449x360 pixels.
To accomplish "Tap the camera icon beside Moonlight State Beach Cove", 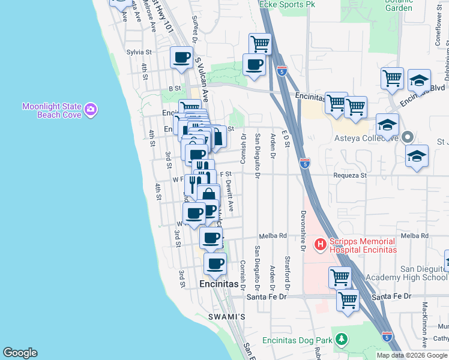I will [91, 109].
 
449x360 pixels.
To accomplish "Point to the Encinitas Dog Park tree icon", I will [341, 340].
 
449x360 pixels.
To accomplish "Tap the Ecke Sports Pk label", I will [287, 4].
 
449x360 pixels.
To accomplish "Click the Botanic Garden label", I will [399, 5].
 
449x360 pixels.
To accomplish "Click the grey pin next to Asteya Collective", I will [408, 137].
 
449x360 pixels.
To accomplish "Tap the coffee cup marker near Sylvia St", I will [181, 58].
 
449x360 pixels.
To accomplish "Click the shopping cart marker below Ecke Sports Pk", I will [260, 43].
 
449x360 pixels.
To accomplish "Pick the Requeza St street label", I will [350, 175].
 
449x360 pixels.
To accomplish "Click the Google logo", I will [20, 353].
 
